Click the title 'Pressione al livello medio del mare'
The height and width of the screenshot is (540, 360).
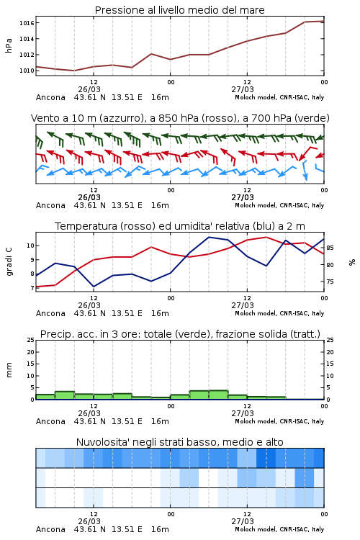coord(179,10)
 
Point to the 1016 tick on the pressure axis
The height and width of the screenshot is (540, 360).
coord(27,23)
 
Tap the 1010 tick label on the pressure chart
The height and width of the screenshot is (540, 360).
coord(27,71)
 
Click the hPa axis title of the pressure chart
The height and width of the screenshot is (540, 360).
coord(9,45)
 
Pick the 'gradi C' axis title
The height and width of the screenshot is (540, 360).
coord(9,261)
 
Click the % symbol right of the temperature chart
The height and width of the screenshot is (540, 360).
coord(352,262)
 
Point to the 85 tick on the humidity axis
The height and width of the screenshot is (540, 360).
coord(330,248)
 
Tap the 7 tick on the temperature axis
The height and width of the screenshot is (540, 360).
coord(32,288)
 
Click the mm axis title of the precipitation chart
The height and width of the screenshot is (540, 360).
coord(9,369)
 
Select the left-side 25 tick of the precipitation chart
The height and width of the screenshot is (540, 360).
coord(31,340)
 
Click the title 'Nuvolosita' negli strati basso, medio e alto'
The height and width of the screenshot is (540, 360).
coord(179,442)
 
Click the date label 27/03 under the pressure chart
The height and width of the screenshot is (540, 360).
coord(243,89)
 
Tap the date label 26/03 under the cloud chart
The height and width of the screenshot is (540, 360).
coord(89,521)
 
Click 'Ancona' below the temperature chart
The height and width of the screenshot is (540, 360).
coord(50,313)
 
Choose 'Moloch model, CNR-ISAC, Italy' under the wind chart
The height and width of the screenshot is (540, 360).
coord(279,205)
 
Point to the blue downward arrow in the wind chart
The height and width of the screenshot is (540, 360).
coord(305,171)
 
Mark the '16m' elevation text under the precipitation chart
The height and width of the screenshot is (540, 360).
coord(160,421)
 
